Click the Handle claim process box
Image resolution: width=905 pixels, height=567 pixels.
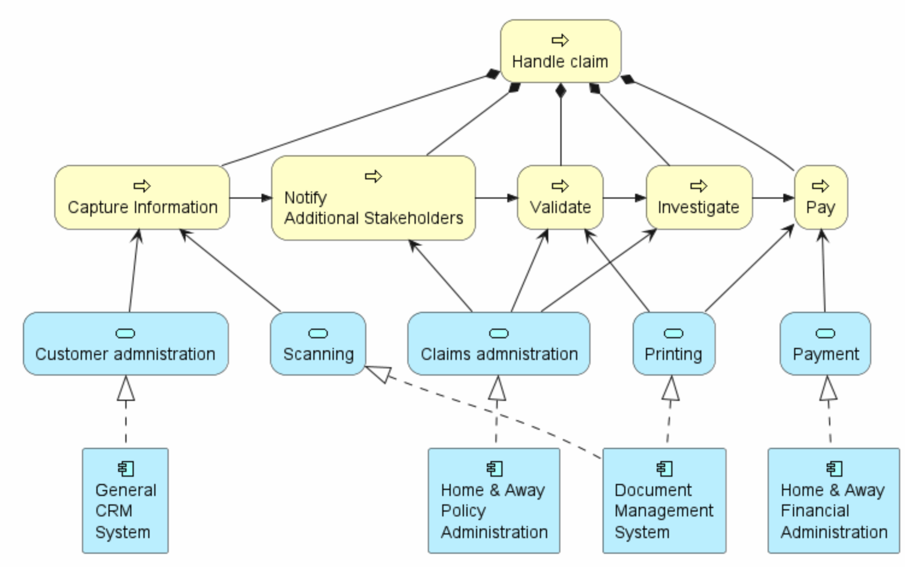click(561, 51)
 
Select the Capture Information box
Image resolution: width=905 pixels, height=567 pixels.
click(142, 197)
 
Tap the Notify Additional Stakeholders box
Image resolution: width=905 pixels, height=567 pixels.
click(374, 198)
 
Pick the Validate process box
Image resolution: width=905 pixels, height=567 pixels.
click(560, 197)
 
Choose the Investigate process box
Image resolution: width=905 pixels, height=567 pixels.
click(700, 197)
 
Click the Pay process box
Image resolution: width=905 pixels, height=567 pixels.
click(821, 197)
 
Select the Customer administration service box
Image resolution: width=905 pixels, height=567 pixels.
click(126, 344)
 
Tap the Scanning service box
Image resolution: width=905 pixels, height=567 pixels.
click(318, 344)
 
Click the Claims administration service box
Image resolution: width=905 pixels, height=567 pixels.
click(498, 344)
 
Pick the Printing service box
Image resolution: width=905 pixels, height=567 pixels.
click(674, 344)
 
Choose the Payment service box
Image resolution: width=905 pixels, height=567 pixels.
click(825, 344)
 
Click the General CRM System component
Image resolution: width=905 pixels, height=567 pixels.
click(125, 500)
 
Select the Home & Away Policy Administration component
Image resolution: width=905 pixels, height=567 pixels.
click(494, 500)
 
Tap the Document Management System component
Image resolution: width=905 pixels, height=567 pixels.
click(664, 500)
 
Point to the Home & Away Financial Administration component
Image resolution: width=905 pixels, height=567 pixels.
click(834, 500)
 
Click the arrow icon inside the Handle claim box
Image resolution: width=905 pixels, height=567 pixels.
click(560, 40)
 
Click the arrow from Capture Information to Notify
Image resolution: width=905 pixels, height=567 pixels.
click(251, 198)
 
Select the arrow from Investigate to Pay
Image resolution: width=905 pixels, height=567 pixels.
click(774, 198)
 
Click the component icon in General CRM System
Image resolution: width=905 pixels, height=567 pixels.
click(126, 469)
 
